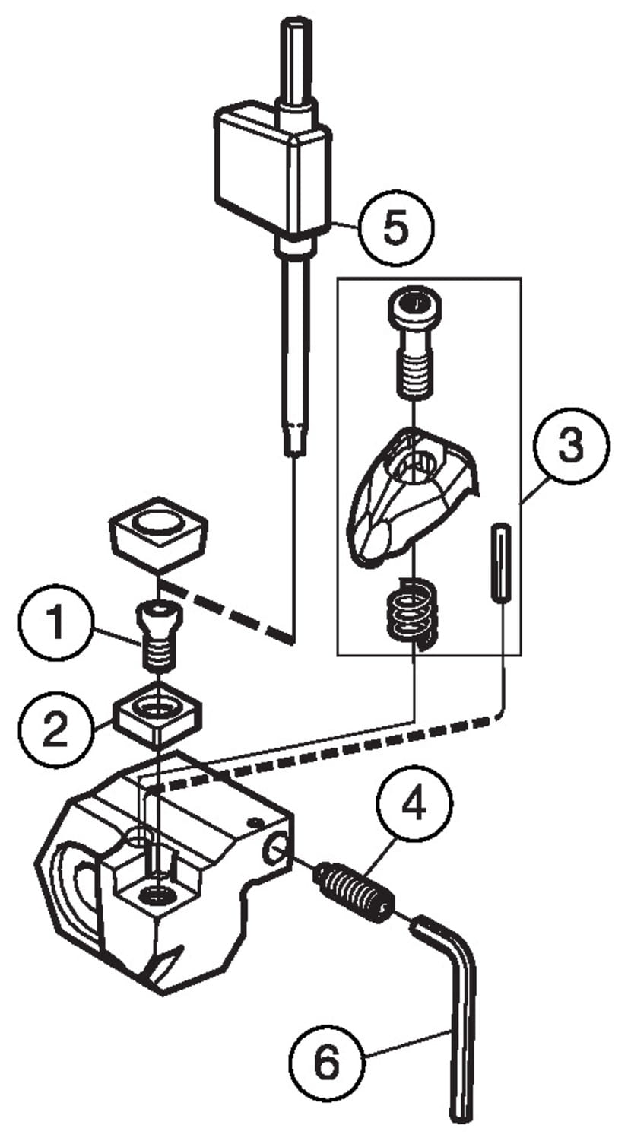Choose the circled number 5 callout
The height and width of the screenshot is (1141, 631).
395,229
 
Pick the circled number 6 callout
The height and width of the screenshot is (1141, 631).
327,1063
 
